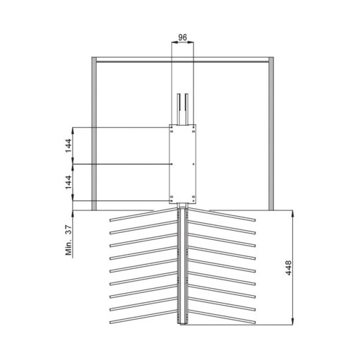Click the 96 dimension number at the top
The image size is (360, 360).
182,36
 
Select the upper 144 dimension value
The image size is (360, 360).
67,145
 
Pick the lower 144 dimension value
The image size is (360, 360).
67,183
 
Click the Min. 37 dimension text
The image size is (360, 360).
68,240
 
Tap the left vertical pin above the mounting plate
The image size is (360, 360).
179,109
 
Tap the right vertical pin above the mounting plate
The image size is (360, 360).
186,109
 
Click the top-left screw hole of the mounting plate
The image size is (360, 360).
173,128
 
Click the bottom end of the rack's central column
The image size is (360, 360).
183,325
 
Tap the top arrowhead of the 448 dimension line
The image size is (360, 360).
293,212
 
